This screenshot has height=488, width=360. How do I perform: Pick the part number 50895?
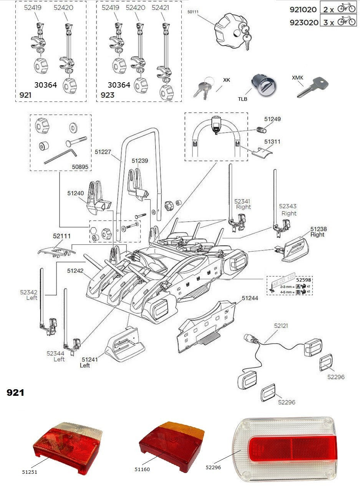point(80,167)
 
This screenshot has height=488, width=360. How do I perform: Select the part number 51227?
point(103,152)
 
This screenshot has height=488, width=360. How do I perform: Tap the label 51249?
point(272,119)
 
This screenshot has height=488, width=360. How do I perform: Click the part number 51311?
point(272,141)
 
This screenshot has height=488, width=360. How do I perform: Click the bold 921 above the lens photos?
point(15,393)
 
